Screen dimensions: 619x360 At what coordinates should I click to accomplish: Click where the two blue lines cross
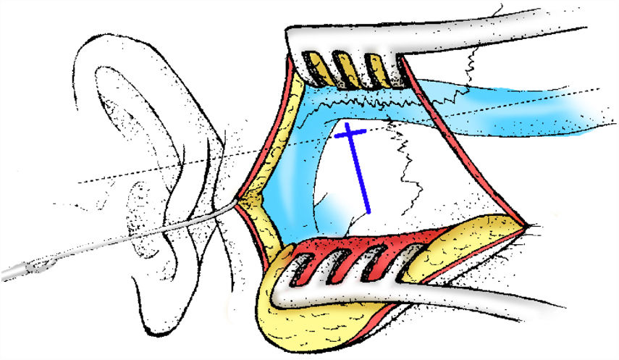point(349,132)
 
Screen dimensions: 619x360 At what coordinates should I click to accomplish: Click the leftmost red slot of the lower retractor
point(316,267)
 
